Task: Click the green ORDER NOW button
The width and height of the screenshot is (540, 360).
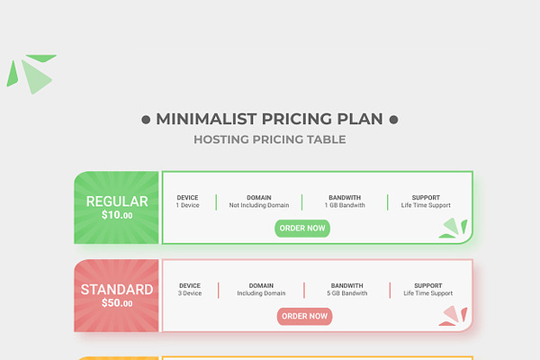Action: [x=302, y=229]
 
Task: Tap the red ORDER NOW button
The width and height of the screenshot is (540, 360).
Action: [x=304, y=316]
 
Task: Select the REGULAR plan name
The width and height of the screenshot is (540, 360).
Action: [x=117, y=202]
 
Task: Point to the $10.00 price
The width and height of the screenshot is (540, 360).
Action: [x=117, y=215]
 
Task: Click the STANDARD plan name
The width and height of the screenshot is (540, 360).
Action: [x=117, y=290]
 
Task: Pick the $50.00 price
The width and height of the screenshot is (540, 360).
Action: [x=117, y=303]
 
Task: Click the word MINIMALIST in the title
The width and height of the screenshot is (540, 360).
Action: [x=206, y=119]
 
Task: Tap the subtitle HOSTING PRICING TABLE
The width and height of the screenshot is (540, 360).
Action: [x=270, y=139]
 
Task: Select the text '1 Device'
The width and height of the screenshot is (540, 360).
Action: [x=188, y=205]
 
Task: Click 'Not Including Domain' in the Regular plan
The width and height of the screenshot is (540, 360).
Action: [x=259, y=205]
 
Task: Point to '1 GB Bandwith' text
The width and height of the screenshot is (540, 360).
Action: [x=345, y=205]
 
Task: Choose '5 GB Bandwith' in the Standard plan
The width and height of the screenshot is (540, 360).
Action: [x=347, y=293]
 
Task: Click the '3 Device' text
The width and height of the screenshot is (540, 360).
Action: [x=190, y=293]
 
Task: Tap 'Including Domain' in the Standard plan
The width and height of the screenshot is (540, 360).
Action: [x=261, y=293]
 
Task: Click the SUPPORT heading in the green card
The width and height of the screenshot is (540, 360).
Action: [x=426, y=198]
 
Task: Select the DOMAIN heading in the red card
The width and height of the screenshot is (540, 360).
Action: [x=261, y=286]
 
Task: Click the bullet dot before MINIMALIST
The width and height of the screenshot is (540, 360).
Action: [x=146, y=120]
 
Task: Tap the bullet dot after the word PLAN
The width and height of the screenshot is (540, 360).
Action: [x=393, y=120]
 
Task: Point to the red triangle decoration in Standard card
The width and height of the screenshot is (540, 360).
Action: [x=453, y=316]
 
